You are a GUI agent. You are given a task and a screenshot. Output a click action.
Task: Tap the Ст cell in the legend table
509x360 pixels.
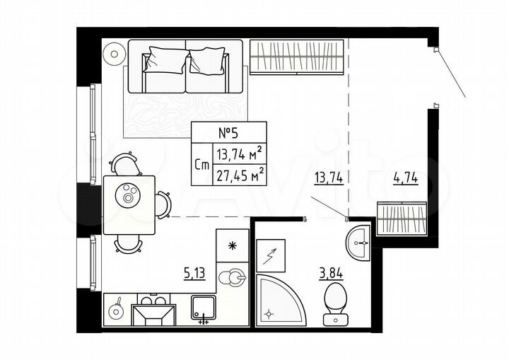[201, 164]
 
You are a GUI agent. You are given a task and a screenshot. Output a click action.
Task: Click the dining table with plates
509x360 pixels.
[129, 204]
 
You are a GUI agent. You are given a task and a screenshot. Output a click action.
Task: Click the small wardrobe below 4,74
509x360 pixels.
[402, 217]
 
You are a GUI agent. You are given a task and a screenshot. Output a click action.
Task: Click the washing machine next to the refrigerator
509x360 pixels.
[232, 279]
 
